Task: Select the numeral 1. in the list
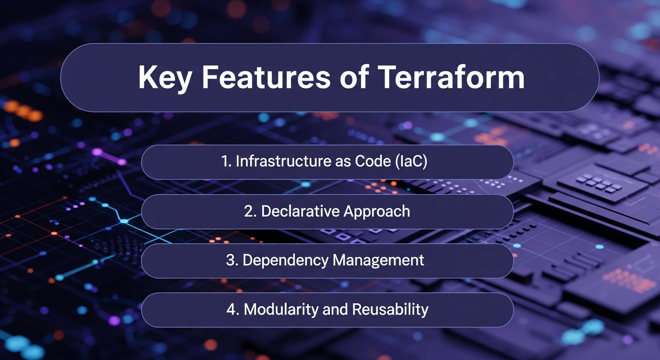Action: (226, 161)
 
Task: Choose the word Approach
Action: (377, 211)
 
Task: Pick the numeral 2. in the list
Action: (250, 211)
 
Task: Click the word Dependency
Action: (285, 260)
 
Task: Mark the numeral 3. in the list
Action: (232, 260)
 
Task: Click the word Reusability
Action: (390, 309)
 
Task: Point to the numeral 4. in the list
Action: (232, 309)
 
